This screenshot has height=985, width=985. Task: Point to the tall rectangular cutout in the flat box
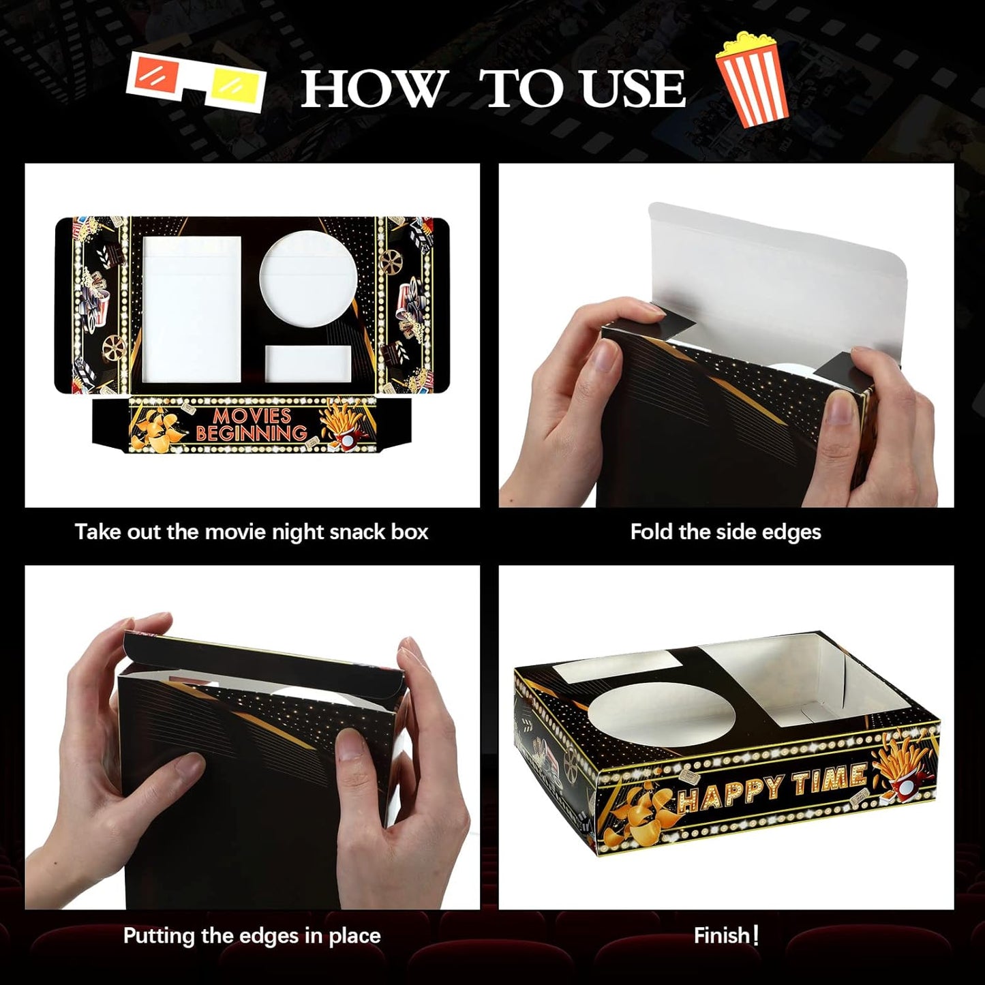pyautogui.click(x=192, y=308)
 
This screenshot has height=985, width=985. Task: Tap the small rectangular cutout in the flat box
pyautogui.click(x=308, y=363)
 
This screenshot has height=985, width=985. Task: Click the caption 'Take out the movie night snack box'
pyautogui.click(x=252, y=532)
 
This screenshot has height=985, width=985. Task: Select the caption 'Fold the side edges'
pyautogui.click(x=725, y=532)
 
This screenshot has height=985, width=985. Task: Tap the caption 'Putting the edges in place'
pyautogui.click(x=252, y=935)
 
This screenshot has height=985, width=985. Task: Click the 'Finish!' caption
pyautogui.click(x=726, y=935)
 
